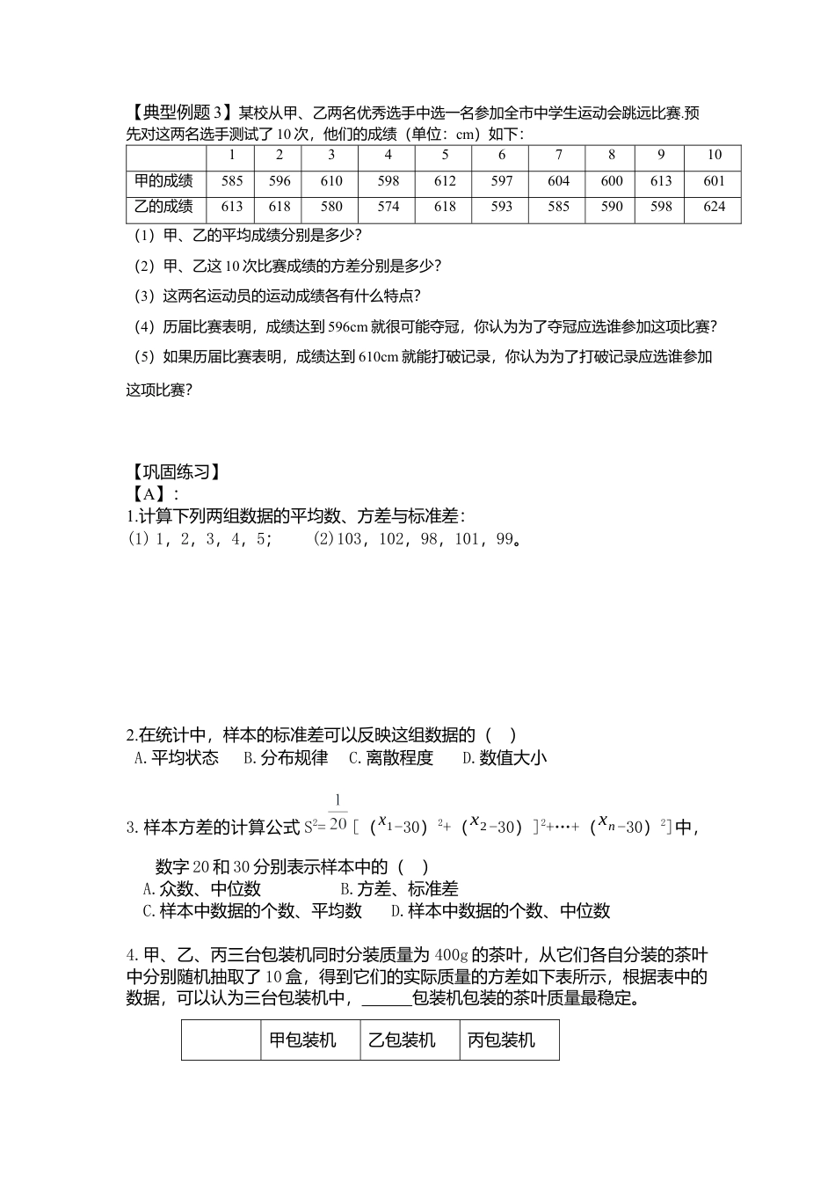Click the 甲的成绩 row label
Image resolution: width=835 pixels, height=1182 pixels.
[x=163, y=181]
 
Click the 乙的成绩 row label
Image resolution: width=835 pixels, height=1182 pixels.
[x=163, y=207]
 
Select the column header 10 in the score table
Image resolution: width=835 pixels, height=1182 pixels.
[x=714, y=156]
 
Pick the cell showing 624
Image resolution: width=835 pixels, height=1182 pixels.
[x=714, y=207]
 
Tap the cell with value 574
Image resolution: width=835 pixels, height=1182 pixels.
[x=388, y=207]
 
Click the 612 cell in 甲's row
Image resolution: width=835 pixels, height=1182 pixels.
[x=445, y=181]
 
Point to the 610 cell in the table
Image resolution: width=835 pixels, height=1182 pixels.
[x=331, y=181]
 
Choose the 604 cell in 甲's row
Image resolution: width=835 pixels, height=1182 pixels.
[x=558, y=181]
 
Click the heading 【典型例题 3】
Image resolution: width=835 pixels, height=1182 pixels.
[x=179, y=113]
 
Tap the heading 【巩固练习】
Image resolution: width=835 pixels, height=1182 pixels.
[x=173, y=472]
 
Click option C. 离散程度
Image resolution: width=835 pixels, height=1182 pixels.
[x=391, y=758]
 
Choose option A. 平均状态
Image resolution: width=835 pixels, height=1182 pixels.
[x=176, y=758]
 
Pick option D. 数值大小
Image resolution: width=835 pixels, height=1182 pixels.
[x=505, y=758]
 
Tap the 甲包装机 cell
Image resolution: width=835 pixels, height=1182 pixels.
[x=302, y=1040]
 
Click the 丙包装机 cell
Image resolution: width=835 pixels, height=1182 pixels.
[x=501, y=1040]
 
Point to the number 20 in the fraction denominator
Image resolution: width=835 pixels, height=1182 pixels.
[x=338, y=824]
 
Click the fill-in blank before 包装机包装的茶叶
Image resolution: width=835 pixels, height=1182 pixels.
[x=386, y=999]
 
